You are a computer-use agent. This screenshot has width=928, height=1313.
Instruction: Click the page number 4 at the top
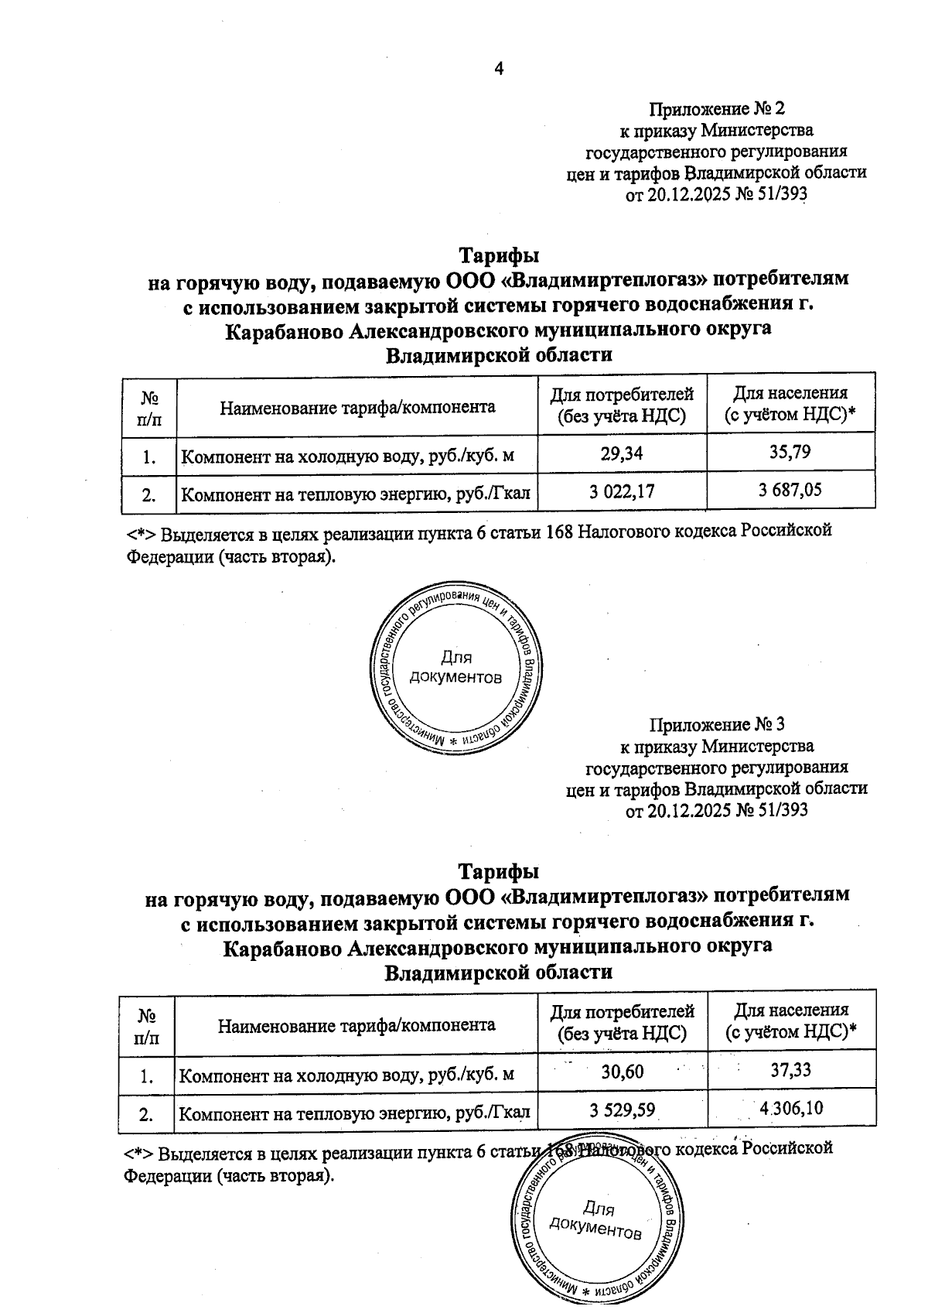(498, 69)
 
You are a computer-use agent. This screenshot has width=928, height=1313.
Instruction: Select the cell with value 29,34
(622, 453)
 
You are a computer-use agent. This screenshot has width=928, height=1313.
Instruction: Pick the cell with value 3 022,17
(622, 490)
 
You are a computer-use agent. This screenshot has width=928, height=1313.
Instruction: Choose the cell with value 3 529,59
(623, 1110)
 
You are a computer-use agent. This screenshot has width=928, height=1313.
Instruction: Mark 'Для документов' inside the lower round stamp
(597, 1220)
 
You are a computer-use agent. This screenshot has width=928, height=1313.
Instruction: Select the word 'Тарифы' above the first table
(499, 255)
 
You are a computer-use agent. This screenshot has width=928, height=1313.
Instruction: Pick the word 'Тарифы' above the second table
(499, 871)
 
